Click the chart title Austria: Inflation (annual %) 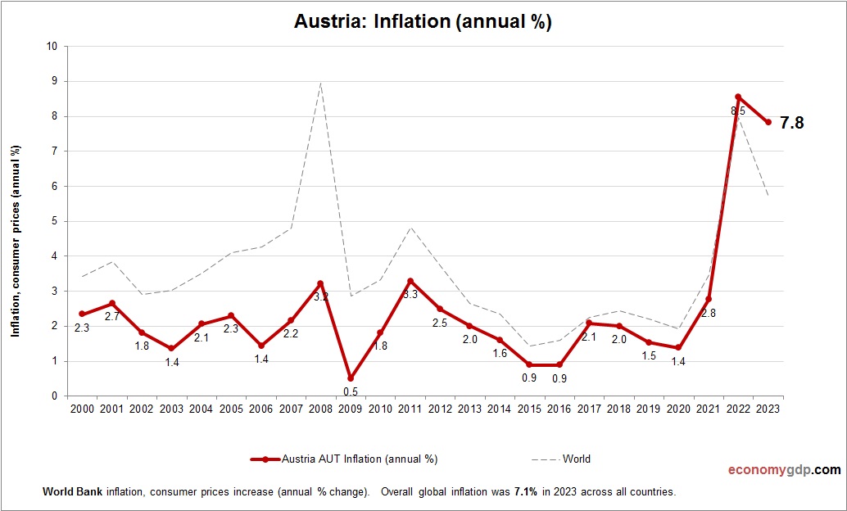(423, 22)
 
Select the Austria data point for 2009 (351, 378)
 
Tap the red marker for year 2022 (739, 97)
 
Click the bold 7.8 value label (792, 124)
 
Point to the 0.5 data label (351, 391)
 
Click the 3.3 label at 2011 (410, 294)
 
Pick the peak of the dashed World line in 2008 (320, 83)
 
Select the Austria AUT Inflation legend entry (344, 459)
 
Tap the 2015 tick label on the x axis (530, 409)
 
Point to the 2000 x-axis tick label (82, 409)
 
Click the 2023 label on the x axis (768, 409)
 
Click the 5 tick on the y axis (54, 221)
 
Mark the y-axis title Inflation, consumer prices (14, 242)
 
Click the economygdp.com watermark (784, 470)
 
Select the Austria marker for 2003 (171, 348)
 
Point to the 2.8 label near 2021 (709, 312)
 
